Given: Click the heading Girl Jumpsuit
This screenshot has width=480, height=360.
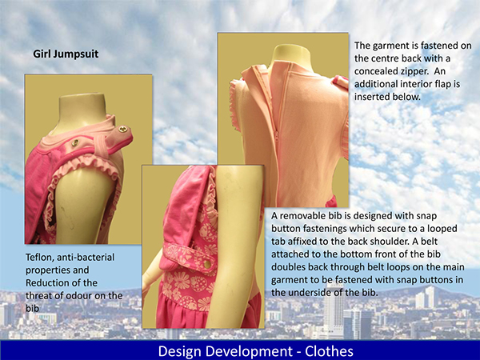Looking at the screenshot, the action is (x=66, y=54).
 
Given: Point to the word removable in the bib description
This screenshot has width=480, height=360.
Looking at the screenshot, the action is (x=302, y=216).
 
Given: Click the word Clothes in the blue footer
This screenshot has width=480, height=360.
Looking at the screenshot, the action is (x=329, y=351).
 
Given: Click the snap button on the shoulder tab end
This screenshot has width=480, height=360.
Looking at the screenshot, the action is (x=123, y=129).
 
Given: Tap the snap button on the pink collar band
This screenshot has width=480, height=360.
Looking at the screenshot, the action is (x=75, y=142).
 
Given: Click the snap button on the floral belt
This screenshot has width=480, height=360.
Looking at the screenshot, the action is (x=207, y=263).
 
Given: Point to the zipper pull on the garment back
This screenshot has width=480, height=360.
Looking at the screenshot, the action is (x=278, y=137).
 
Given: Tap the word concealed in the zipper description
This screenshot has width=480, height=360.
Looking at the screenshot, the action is (x=375, y=71).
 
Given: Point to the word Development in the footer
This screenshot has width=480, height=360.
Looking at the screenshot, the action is (x=247, y=352).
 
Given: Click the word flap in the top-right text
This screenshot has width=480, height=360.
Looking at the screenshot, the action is (x=443, y=84).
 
